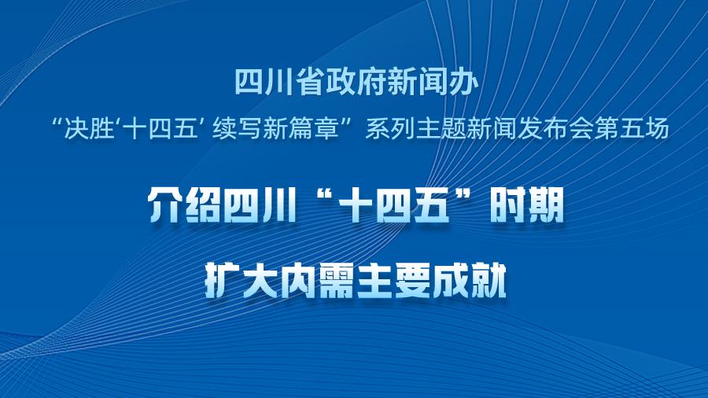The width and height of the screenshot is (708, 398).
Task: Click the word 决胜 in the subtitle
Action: (x=88, y=129)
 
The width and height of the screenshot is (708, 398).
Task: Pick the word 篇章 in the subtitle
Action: (x=315, y=129)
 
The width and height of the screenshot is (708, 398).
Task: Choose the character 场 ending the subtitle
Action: (x=657, y=129)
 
